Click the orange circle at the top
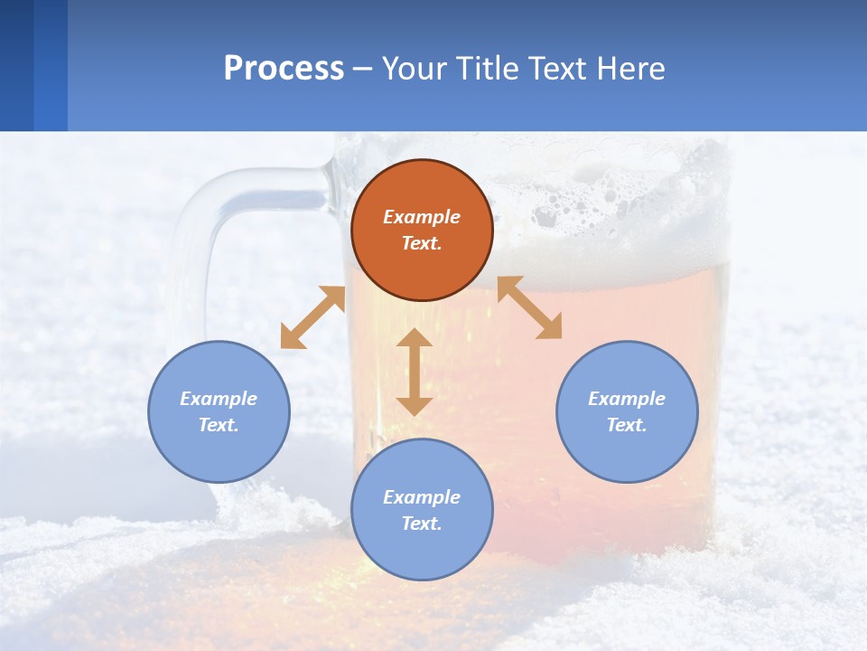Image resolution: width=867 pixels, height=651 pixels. coord(422,231)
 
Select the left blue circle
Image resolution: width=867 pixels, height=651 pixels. coord(219,411)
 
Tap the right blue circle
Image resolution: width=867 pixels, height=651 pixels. coord(627,411)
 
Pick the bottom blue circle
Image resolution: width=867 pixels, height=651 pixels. coord(422,510)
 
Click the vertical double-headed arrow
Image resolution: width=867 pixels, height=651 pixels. coord(415,372)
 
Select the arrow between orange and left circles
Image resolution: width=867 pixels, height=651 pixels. coord(312,317)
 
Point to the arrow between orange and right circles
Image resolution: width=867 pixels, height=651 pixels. coord(529,307)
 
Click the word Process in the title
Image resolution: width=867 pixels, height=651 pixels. coord(284,69)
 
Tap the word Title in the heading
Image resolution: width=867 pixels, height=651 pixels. coord(489,69)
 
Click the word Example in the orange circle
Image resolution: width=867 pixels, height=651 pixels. coord(422,217)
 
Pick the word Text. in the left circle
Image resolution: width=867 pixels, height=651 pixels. coord(219,425)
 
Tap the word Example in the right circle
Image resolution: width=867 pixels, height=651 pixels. coord(627,399)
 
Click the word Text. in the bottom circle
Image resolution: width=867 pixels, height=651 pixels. coord(422,524)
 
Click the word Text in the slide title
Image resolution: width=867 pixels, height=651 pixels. coord(556,69)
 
